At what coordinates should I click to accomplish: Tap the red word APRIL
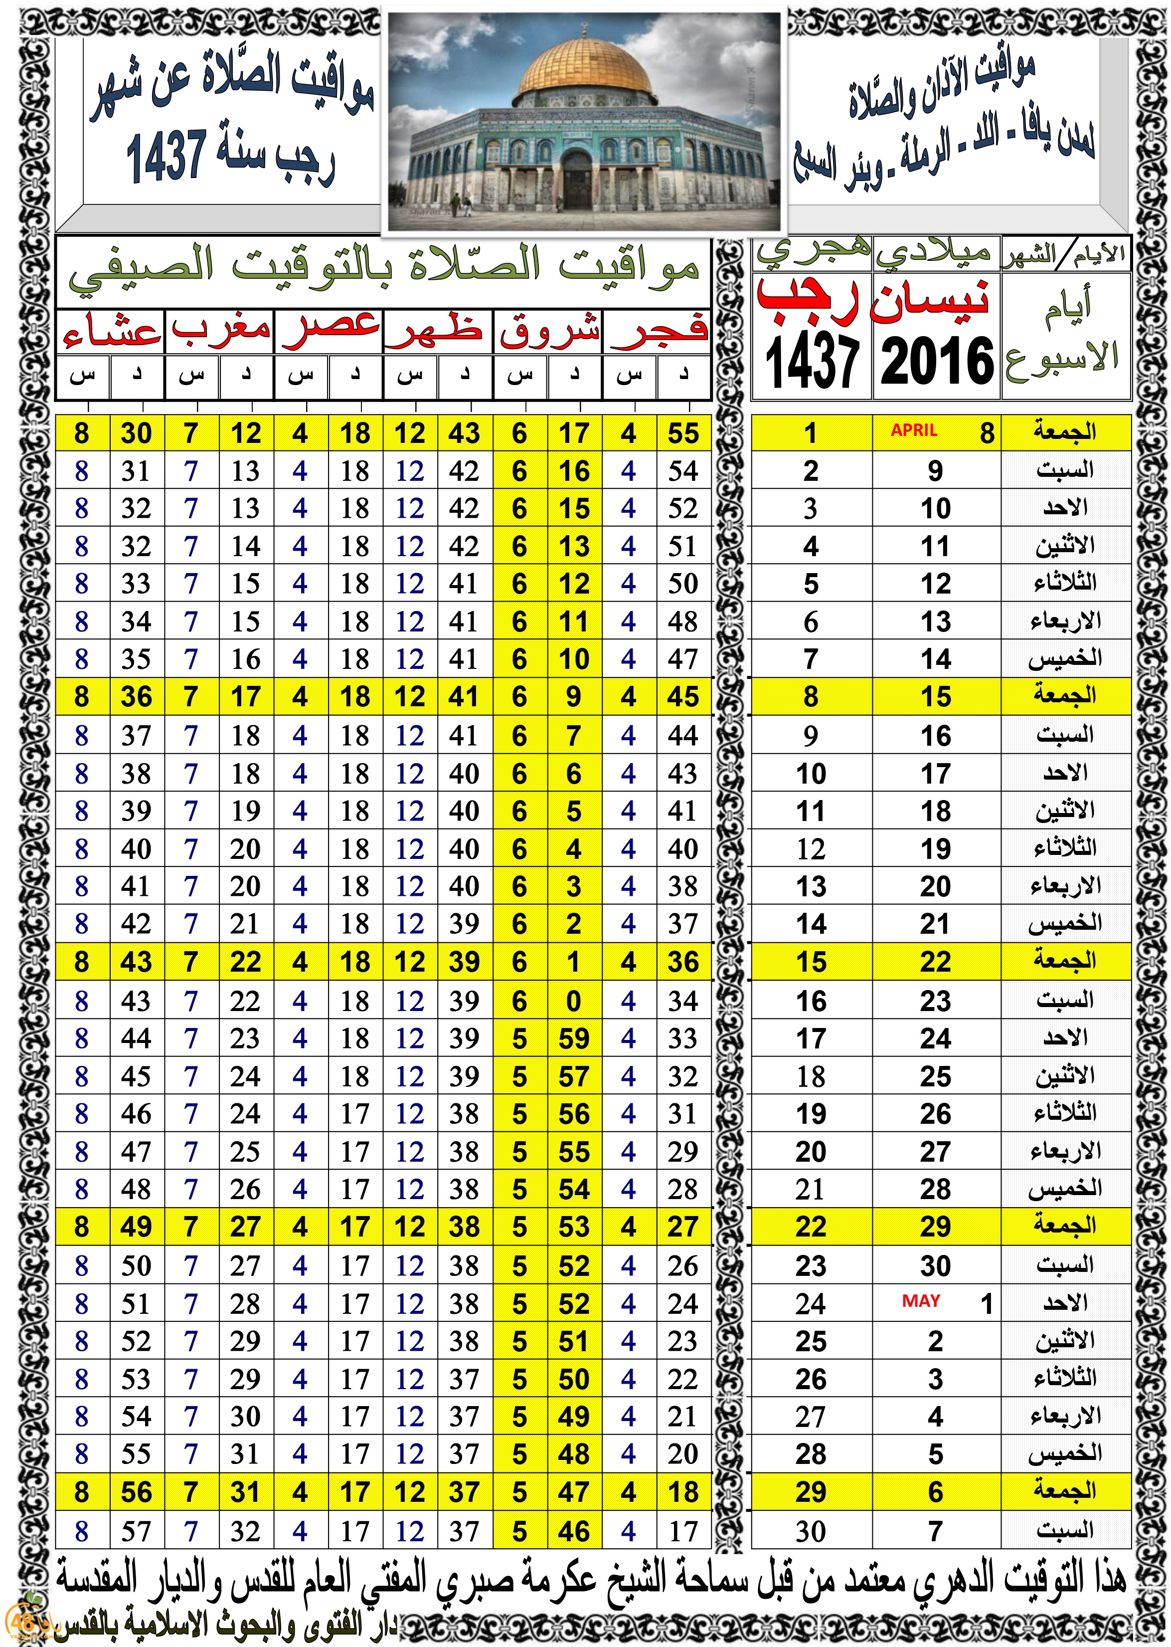pos(914,430)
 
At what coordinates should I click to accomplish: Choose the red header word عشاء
pos(111,332)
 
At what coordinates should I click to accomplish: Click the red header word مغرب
pos(221,330)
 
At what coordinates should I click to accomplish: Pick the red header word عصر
pos(330,330)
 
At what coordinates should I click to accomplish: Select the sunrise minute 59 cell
pos(574,1039)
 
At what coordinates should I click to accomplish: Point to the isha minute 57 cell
pos(136,1531)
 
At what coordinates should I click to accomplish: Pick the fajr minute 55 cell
pos(683,433)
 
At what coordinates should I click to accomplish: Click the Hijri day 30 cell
pos(811,1531)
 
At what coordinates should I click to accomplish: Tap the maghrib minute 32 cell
pos(245,1531)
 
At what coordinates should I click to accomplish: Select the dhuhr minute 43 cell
pos(465,433)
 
